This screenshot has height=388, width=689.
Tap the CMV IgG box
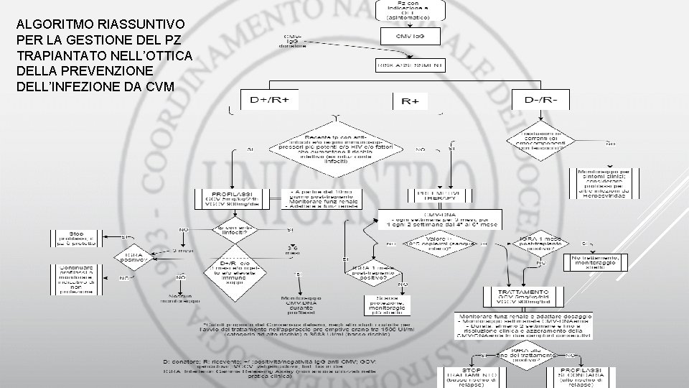410,37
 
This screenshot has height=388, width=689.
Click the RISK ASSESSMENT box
410,65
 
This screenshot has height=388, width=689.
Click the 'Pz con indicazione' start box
410,9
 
